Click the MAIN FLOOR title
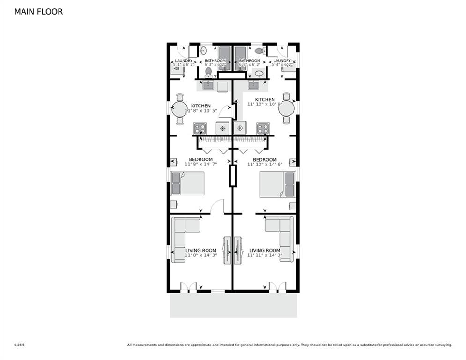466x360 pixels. [x=38, y=12]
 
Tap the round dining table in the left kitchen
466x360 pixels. [x=179, y=109]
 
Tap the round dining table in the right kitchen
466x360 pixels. [x=286, y=108]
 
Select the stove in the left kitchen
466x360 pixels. [x=200, y=128]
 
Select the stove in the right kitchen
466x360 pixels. [x=263, y=128]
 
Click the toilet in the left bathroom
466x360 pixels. [x=208, y=72]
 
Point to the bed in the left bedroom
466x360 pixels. [x=188, y=183]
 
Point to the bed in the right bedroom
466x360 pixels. [x=277, y=184]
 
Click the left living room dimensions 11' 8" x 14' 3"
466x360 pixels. [x=201, y=255]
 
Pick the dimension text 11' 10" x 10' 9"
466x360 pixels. [x=265, y=105]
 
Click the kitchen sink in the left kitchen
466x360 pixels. [x=208, y=85]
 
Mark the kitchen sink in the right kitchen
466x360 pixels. [x=253, y=85]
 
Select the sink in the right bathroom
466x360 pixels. [x=259, y=73]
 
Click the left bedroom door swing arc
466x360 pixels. [x=217, y=206]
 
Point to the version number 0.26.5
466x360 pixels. [x=19, y=345]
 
